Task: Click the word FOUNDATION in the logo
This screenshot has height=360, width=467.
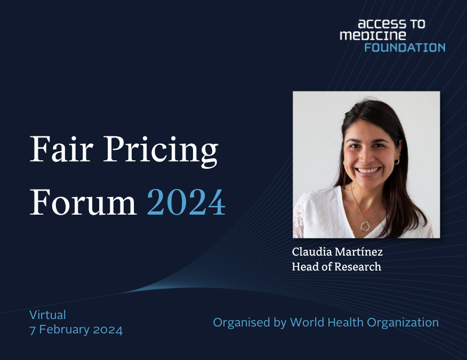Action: [405, 47]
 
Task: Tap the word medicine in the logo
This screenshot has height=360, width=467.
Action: [373, 35]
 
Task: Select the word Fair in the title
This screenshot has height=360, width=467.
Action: [62, 149]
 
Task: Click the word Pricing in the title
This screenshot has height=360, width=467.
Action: [161, 152]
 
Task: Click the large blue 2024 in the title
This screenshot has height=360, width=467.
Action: [186, 202]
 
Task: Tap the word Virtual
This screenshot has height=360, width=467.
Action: [47, 315]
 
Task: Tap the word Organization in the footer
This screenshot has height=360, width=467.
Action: [402, 323]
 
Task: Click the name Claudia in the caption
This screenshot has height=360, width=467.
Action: [312, 252]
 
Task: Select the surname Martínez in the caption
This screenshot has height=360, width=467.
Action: [359, 252]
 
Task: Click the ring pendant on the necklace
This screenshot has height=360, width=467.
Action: [365, 226]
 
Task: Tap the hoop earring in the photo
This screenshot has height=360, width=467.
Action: [397, 161]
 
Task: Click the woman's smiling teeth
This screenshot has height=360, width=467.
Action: [369, 170]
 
